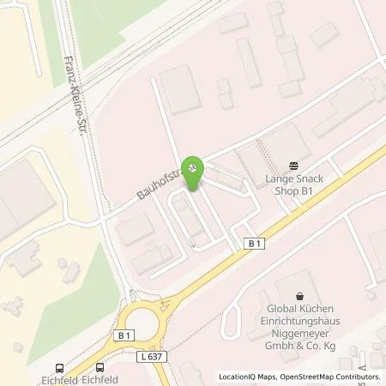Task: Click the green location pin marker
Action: (x=194, y=168)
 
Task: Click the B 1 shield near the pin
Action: (x=251, y=244)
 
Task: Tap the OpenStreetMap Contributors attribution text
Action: (x=329, y=377)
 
